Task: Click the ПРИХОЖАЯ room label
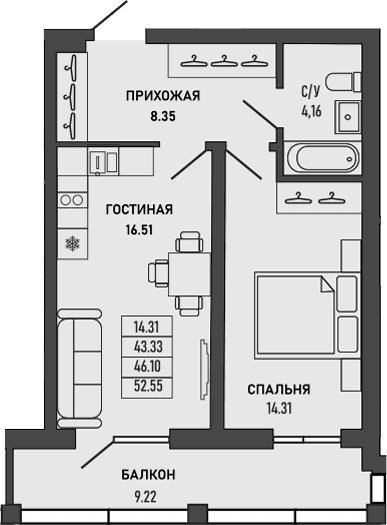coord(163,96)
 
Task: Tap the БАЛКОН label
coord(150,474)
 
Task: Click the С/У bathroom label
coord(311,89)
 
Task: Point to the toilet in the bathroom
coord(345,79)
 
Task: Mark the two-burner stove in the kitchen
coord(72,200)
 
